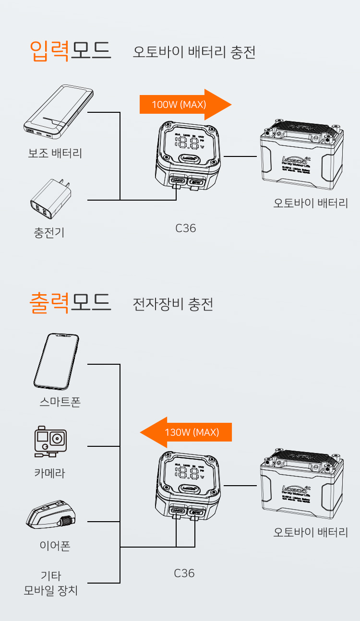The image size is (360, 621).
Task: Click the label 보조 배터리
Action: pyautogui.click(x=55, y=154)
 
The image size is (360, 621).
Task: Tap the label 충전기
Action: pyautogui.click(x=49, y=233)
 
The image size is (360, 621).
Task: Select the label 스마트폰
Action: pyautogui.click(x=60, y=402)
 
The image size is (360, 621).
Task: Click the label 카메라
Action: pyautogui.click(x=49, y=473)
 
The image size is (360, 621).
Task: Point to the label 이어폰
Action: pyautogui.click(x=55, y=546)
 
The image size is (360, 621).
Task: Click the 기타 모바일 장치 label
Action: pyautogui.click(x=51, y=583)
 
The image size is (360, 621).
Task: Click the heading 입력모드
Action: pyautogui.click(x=70, y=49)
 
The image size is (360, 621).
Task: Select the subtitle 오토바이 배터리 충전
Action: pyautogui.click(x=194, y=52)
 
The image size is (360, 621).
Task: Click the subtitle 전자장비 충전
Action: pyautogui.click(x=173, y=304)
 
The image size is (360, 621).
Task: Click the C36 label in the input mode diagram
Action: pyautogui.click(x=185, y=228)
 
